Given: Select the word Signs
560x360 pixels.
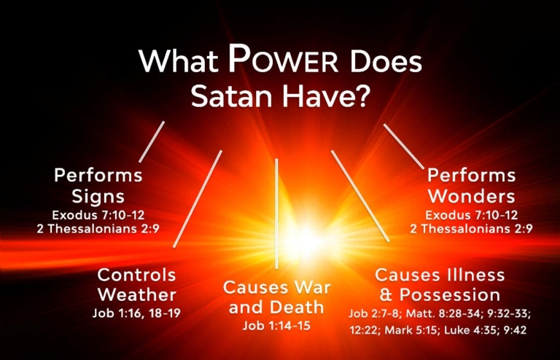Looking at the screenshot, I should (x=98, y=196).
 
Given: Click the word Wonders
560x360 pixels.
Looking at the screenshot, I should (x=471, y=196).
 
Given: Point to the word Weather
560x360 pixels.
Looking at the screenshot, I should (x=136, y=295).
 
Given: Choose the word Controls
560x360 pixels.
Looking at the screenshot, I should (x=136, y=275).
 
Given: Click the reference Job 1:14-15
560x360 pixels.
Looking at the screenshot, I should (x=276, y=326).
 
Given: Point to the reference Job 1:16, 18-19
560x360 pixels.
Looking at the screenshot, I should (x=136, y=313).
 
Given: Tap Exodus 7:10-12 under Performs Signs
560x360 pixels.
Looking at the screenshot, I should (x=98, y=215).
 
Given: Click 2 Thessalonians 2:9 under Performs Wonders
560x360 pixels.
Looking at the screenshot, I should (x=472, y=228).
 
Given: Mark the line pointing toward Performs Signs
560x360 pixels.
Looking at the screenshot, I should (x=152, y=141).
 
